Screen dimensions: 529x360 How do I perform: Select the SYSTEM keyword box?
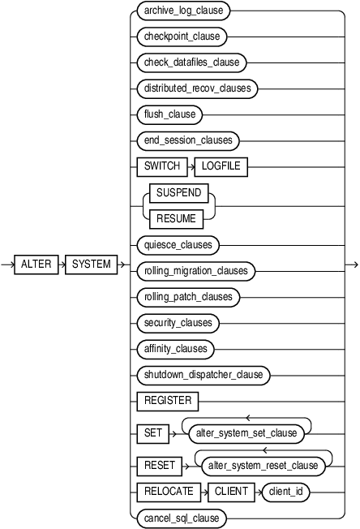92,264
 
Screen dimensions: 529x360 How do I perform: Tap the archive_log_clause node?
184,11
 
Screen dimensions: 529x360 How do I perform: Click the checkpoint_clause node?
179,37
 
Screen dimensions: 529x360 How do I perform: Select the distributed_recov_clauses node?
196,88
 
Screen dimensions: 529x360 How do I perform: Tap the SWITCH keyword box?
159,166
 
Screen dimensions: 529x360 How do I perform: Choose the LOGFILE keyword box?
221,166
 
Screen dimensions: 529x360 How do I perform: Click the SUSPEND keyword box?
177,193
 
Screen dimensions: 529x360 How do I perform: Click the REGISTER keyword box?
168,400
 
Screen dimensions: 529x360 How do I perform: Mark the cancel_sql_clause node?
180,518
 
